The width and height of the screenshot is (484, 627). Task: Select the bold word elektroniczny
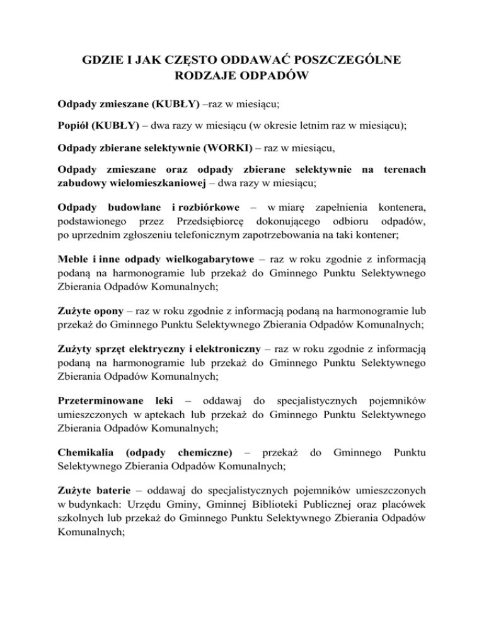[x=229, y=355]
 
